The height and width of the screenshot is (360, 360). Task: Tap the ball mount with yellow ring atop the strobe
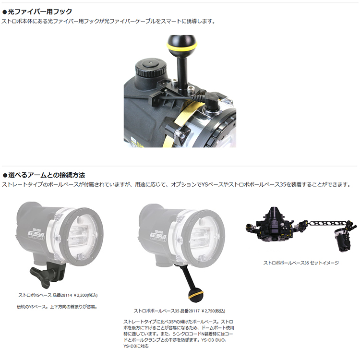[x=182, y=44]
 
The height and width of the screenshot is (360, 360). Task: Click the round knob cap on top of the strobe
[x=150, y=67]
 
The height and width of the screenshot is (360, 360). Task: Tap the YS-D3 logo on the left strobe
[x=36, y=234]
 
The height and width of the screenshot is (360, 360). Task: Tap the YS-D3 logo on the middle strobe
[x=158, y=236]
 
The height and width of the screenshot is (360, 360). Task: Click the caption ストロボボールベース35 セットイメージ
[x=301, y=263]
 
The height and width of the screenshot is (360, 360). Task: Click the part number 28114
[x=67, y=295]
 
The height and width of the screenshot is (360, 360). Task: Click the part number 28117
[x=194, y=311]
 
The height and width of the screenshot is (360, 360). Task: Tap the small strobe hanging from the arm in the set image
[x=343, y=240]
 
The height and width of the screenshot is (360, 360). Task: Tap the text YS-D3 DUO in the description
[x=214, y=340]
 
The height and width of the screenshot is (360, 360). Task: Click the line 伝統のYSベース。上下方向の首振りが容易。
[x=57, y=307]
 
